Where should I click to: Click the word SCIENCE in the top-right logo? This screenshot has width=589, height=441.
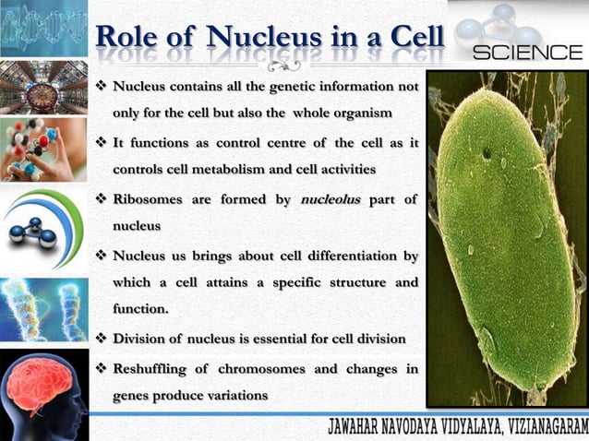coord(527,52)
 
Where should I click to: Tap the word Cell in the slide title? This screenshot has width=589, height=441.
coord(415,38)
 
